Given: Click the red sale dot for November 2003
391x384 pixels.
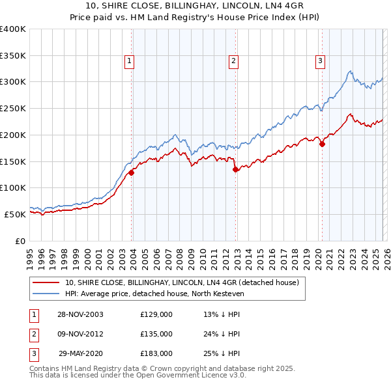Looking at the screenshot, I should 132,172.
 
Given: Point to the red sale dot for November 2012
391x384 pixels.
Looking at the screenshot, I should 235,169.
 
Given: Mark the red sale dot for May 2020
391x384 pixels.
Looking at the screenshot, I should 322,144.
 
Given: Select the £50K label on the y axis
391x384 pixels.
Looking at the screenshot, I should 15,214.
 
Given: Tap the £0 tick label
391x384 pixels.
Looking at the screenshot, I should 20,241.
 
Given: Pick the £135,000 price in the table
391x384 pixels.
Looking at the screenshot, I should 156,334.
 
